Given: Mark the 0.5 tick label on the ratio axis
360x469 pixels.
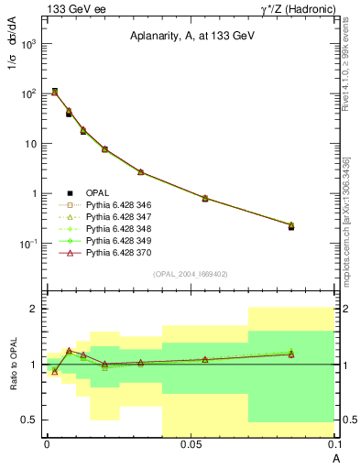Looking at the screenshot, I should pos(31,420).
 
